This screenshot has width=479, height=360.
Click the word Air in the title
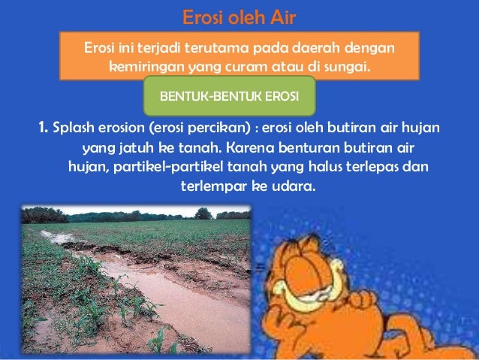point(283,16)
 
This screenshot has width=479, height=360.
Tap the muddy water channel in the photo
point(180,301)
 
